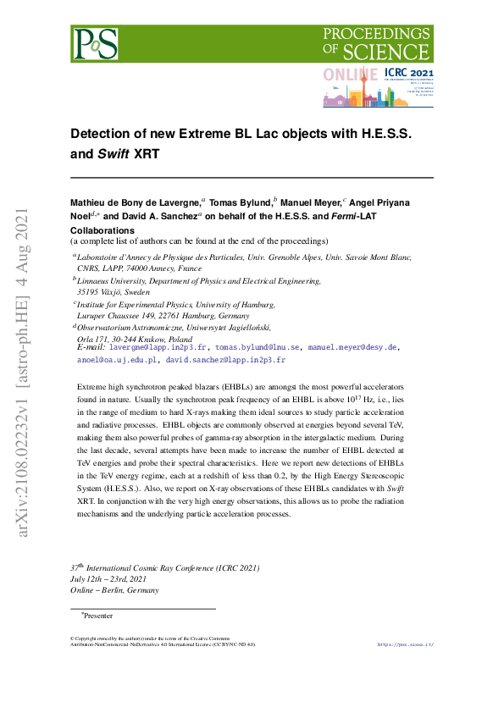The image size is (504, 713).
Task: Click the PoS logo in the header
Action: click(x=95, y=43)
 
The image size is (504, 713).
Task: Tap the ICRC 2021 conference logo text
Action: click(x=407, y=75)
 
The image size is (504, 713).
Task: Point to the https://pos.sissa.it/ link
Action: click(x=405, y=644)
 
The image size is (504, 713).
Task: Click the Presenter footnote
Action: click(x=97, y=616)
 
